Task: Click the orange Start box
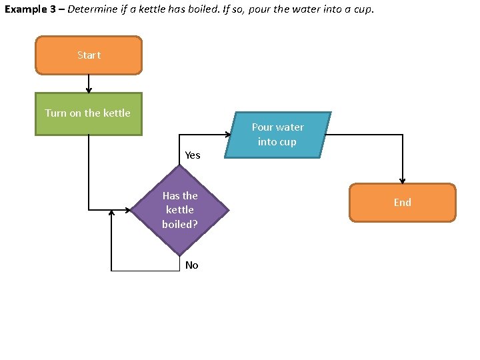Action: coord(89,55)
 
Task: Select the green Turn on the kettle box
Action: coord(89,113)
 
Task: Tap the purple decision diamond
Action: coord(180,210)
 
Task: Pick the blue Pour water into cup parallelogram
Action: coord(277,135)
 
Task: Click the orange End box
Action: coord(402,202)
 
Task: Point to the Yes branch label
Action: coord(192,155)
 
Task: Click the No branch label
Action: coord(191,265)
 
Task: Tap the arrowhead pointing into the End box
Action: coord(403,180)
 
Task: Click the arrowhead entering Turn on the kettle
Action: coord(89,89)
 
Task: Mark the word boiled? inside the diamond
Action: coord(180,225)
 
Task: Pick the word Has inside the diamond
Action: coord(171,196)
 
